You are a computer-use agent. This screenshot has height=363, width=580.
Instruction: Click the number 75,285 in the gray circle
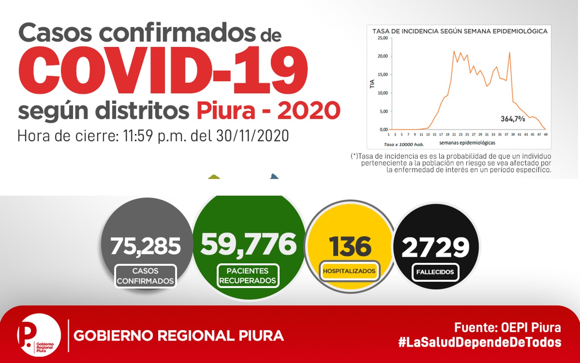coord(145,246)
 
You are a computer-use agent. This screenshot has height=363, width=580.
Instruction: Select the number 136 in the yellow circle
coord(350,246)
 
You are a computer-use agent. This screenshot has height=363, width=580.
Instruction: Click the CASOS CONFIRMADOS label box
coord(145,276)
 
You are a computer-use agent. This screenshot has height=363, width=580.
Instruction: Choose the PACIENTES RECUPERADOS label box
coord(248,275)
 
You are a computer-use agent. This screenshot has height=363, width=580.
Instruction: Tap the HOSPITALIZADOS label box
coord(349,271)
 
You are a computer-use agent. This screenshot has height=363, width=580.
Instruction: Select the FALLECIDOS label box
coord(435,272)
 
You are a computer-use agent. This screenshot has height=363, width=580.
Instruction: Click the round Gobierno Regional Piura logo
coord(39,335)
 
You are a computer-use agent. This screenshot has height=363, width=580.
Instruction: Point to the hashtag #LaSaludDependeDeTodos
coord(480,342)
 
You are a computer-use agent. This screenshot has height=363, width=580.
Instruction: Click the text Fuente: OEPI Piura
coord(508,328)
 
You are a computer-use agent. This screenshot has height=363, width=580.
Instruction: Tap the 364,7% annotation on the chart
coord(513,119)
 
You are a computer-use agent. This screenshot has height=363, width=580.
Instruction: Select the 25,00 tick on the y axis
coord(383,38)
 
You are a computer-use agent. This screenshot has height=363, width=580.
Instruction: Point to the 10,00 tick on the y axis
coord(383,93)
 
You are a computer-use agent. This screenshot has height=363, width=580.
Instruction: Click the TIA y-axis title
coord(372,84)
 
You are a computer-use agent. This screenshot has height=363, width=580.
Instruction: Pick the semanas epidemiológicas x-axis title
coord(467,143)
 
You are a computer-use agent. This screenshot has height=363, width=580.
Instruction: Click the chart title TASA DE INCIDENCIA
coord(460,31)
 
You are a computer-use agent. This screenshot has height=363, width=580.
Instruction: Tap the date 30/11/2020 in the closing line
coord(252,136)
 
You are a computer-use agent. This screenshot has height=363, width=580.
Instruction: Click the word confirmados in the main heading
coord(177,33)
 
